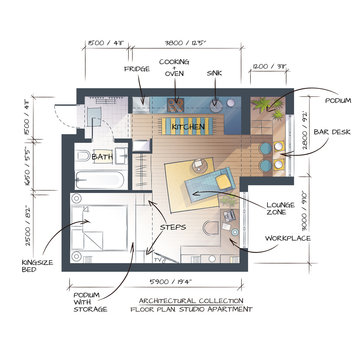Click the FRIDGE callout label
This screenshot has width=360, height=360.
[137, 69]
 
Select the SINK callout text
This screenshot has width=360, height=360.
[214, 73]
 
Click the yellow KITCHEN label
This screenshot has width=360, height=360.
[187, 127]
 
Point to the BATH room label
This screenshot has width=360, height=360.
[102, 157]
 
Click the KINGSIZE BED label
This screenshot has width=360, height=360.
[36, 266]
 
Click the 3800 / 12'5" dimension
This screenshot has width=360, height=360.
[184, 43]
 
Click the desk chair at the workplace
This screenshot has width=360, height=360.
[209, 229]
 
